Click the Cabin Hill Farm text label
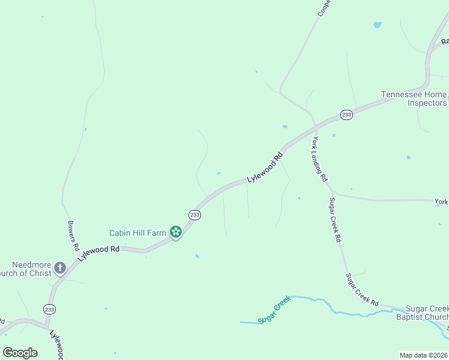tap(137, 233)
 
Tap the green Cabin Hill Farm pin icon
tap(175, 232)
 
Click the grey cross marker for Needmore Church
tap(60, 268)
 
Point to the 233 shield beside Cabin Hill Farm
tap(194, 214)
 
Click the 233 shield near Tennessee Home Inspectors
tap(346, 115)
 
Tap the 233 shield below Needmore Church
tap(49, 309)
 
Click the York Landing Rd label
tap(319, 159)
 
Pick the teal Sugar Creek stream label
tap(274, 309)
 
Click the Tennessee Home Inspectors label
tap(414, 98)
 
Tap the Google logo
tap(20, 352)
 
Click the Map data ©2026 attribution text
tap(423, 355)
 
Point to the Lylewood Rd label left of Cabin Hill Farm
tap(98, 253)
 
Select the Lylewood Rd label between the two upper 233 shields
tap(265, 169)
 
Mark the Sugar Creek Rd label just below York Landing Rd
tap(335, 220)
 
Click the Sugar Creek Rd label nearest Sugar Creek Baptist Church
tap(363, 289)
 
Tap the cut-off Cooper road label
tap(324, 7)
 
